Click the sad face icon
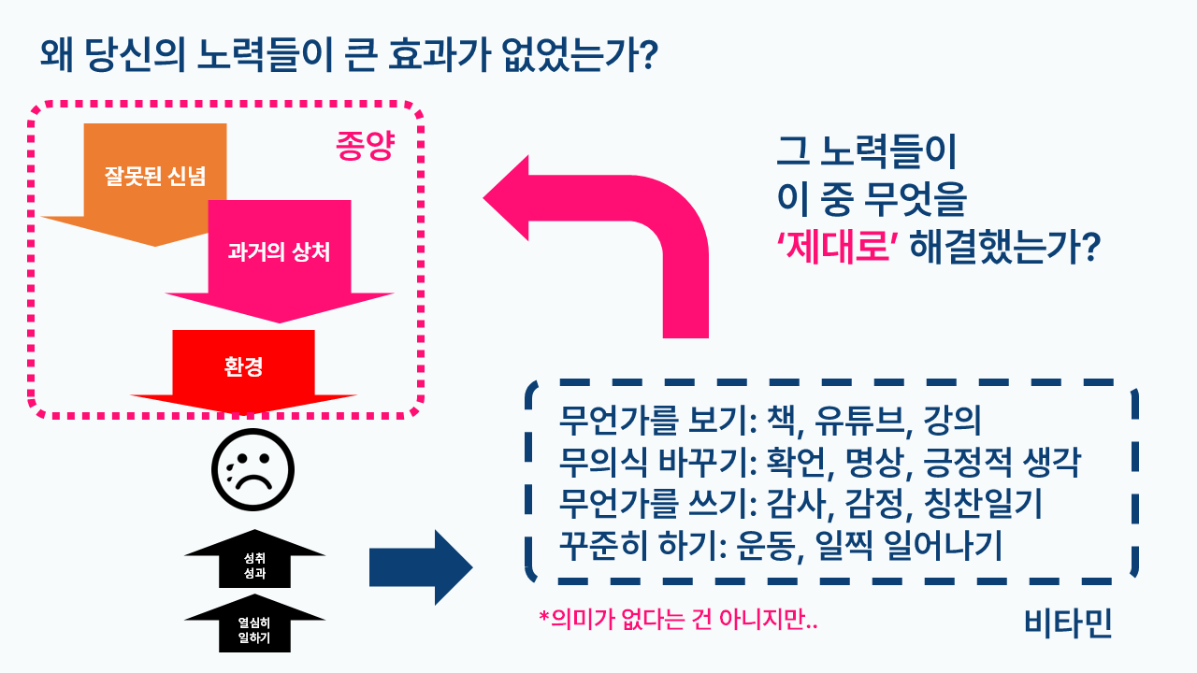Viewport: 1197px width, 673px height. [x=252, y=472]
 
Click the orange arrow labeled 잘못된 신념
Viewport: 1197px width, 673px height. [x=155, y=176]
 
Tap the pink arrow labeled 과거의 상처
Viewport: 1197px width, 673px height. [x=279, y=252]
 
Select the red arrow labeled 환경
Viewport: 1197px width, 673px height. [x=243, y=366]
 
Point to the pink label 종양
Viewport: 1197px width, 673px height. [x=365, y=146]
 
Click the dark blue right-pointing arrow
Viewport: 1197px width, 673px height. [x=421, y=566]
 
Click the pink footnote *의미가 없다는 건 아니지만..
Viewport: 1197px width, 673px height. [x=678, y=619]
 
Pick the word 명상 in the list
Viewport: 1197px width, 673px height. [x=876, y=463]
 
